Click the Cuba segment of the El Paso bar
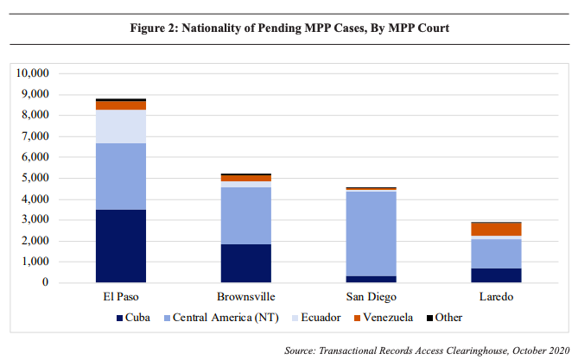120,246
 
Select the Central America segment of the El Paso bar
120,176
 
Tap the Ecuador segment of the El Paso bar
120,126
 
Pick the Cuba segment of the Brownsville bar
246,263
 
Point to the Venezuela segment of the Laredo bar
496,229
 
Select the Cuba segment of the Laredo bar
496,275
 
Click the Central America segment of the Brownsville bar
246,216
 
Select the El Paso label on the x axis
120,298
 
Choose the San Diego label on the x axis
371,298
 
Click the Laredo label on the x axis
496,298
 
